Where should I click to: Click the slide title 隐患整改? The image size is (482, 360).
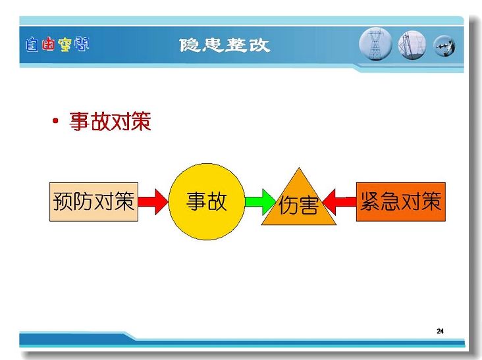coord(225,45)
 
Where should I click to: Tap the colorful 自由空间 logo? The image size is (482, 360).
coord(57,44)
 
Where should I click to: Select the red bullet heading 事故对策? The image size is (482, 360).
coord(111,121)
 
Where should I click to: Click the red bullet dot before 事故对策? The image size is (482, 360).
coord(55,120)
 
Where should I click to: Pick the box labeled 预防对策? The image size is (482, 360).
coord(94,202)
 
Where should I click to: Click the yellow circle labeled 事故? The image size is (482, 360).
coord(207,201)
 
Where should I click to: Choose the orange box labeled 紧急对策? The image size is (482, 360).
coord(401,202)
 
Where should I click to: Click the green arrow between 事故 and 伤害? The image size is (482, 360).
coord(261,202)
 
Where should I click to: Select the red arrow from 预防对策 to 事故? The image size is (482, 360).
coord(153,202)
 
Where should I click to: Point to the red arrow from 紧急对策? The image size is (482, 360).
coord(340,202)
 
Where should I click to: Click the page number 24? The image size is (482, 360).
coord(440,331)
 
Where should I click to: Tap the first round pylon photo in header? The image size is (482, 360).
coord(375,44)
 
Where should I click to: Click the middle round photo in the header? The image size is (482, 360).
coord(412,45)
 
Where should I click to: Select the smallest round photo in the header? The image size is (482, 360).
coord(444,46)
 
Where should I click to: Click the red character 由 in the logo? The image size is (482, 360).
coord(48,44)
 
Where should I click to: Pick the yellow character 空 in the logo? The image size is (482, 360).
coord(65,45)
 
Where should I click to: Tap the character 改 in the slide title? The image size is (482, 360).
coord(259,45)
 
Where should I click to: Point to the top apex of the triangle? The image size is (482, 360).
coord(299,168)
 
